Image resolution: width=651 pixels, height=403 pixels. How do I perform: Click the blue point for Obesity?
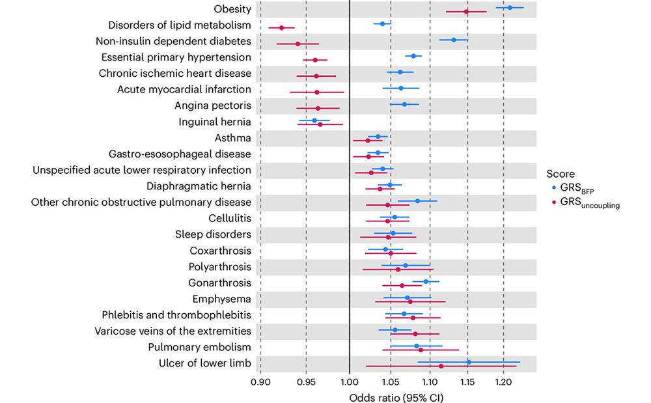510,7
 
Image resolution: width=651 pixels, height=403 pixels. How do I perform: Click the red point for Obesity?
466,12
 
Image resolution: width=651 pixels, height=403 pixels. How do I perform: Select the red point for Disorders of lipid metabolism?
281,28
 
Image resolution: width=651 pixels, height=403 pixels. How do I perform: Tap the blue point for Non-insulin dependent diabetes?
454,40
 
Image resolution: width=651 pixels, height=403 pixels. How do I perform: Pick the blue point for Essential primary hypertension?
413,56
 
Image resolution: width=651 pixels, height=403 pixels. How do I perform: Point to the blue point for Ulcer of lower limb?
469,362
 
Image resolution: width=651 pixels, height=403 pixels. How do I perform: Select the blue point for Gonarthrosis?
426,281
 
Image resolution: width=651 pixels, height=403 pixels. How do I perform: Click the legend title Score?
560,174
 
